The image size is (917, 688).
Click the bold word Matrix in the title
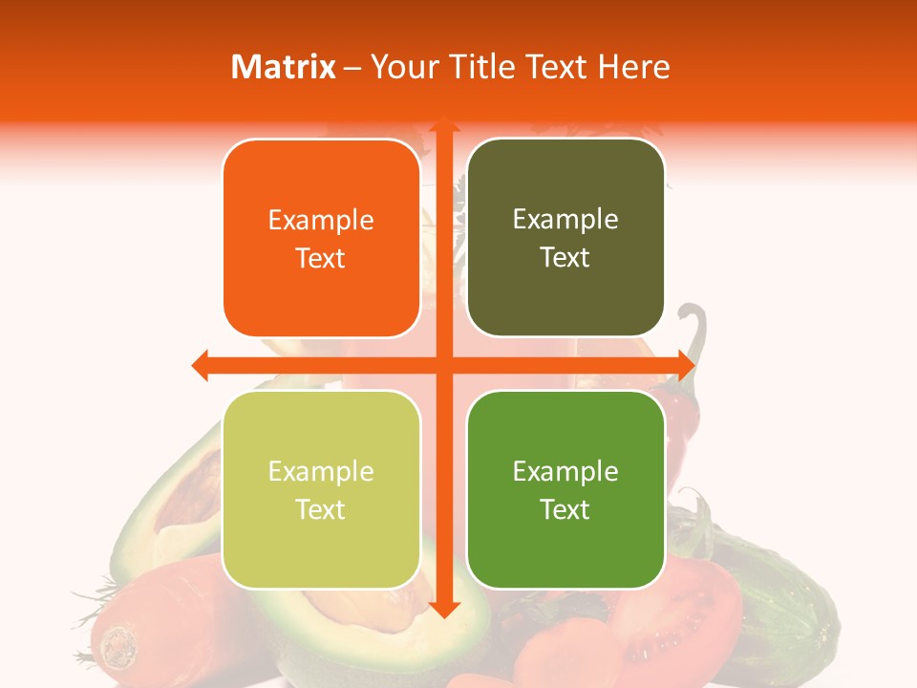[284, 67]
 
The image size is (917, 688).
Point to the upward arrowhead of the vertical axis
[443, 127]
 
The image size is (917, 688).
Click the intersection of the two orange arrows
[443, 365]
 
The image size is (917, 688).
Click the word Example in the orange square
[321, 221]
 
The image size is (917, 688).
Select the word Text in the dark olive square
[565, 258]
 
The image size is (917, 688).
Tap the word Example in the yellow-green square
[321, 472]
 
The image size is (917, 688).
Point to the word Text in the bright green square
[565, 510]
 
